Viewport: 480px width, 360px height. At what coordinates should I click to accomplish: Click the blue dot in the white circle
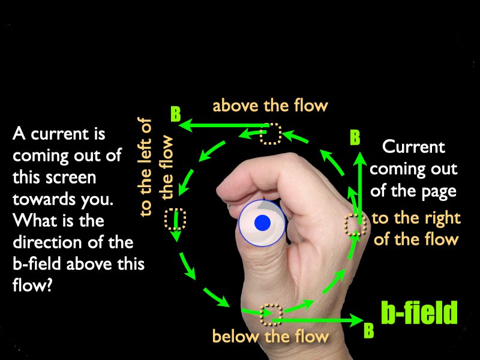[262, 223]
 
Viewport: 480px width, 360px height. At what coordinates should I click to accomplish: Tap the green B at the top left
[175, 114]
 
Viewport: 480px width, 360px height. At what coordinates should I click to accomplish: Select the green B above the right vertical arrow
[355, 137]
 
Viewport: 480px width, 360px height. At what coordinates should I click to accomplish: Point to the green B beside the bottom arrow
[369, 330]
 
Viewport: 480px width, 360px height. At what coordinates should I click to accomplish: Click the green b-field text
[419, 312]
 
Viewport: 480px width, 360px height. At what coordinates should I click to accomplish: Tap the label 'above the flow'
[271, 106]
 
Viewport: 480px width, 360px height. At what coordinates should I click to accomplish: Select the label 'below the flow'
[271, 336]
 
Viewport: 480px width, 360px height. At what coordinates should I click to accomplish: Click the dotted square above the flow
[271, 133]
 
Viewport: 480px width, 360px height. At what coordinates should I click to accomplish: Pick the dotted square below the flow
[271, 314]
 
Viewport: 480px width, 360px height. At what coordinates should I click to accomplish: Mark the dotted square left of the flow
[175, 219]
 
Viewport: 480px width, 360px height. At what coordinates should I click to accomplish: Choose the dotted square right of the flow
[355, 224]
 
